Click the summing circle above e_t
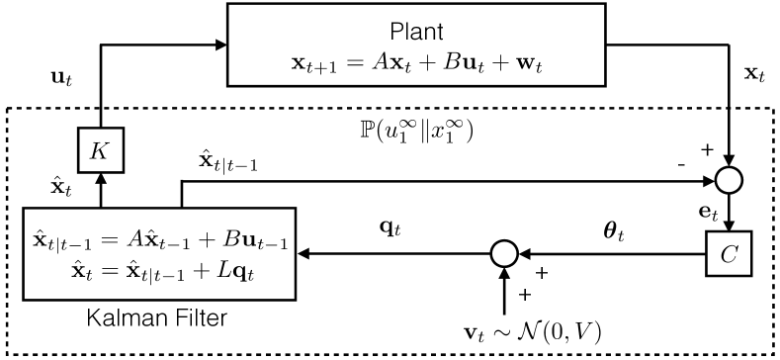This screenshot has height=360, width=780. tap(728, 182)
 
